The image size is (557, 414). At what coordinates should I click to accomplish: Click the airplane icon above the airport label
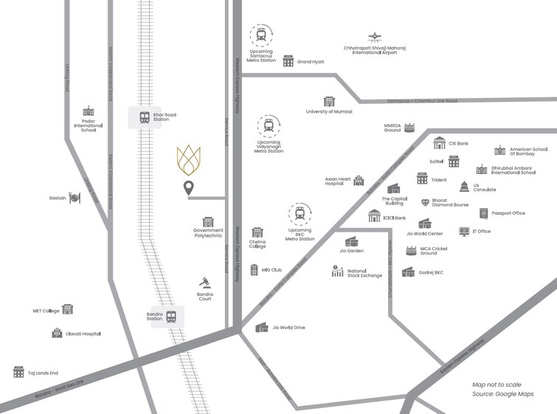pos(375,37)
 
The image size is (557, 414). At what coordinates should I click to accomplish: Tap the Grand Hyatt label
pos(311,61)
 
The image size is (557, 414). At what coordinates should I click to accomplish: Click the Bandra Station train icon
pos(171,317)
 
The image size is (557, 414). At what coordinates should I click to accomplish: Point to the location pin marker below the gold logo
pos(189,188)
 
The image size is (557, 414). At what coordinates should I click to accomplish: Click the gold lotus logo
pos(189,160)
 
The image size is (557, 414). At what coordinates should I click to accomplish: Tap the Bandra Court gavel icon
pos(204,283)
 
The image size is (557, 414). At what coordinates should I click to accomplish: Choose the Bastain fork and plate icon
pos(75,198)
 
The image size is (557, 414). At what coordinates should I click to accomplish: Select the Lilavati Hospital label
pos(82,334)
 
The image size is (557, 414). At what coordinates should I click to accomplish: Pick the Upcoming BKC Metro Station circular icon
pos(300,214)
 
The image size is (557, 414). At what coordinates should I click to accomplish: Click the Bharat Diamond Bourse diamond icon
pos(425,202)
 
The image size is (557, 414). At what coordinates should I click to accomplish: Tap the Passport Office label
pos(508,213)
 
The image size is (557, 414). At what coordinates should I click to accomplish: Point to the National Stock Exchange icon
pos(338,272)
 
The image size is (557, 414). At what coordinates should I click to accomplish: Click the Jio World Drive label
pos(288,327)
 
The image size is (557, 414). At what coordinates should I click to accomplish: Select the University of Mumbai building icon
pos(329,101)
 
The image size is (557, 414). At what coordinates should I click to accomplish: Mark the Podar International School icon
pos(89,111)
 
